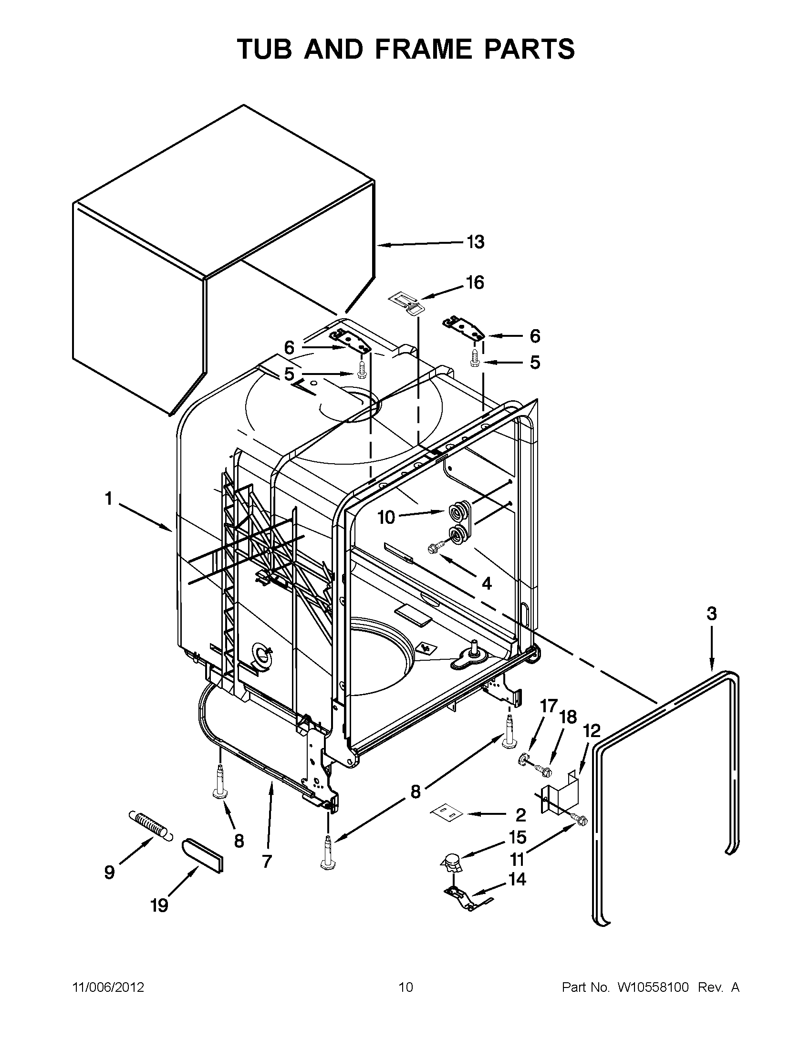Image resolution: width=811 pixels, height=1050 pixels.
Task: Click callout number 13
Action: [475, 242]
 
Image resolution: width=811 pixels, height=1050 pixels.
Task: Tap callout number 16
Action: [475, 283]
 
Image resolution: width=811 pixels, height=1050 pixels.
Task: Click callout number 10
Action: [386, 517]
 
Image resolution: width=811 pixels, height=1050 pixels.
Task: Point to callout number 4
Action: [487, 583]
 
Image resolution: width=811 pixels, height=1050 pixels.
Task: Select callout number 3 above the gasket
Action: [711, 613]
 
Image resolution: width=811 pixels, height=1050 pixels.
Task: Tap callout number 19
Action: [159, 906]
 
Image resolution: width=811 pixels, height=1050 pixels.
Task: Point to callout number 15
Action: [518, 837]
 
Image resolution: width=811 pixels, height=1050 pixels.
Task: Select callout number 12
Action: [592, 731]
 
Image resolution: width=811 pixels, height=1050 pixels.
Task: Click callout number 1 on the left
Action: [109, 499]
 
